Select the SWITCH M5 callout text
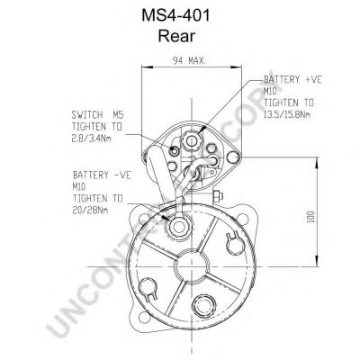click(96, 114)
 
